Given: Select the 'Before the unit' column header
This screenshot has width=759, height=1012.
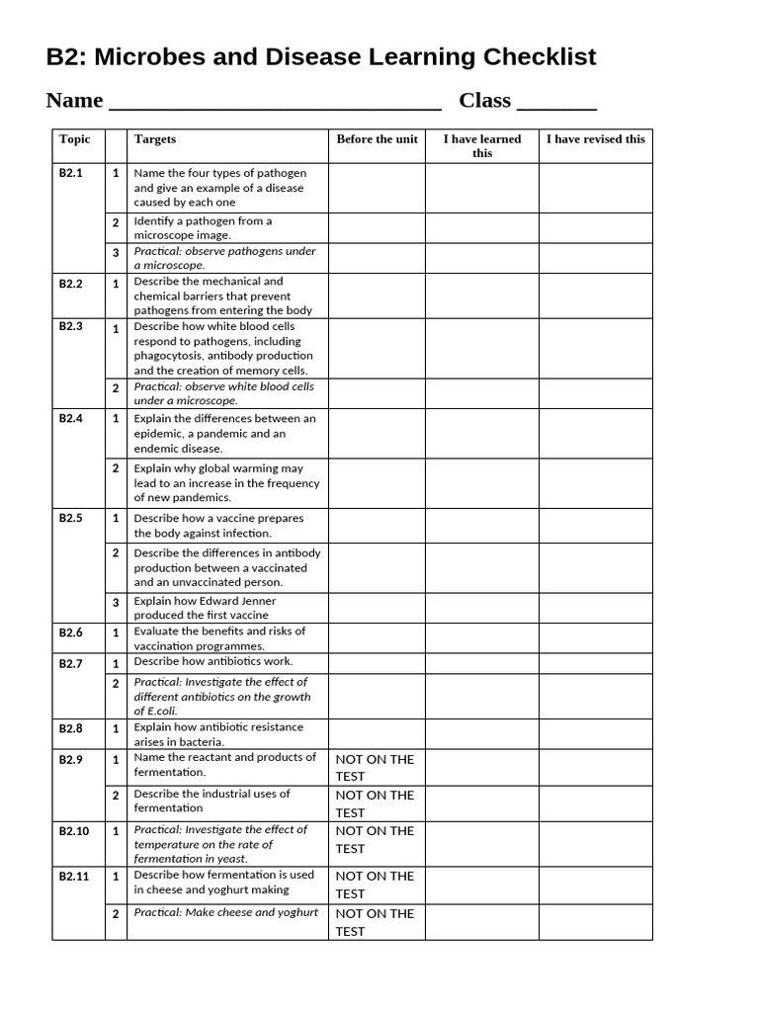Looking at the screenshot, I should pos(377,139).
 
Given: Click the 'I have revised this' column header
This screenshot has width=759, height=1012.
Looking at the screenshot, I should pos(595,139).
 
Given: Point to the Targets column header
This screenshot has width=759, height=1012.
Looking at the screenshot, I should pos(155,139).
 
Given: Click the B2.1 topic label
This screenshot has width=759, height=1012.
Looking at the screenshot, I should pos(71,173).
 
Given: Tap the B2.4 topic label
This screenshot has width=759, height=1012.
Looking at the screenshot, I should pos(71,419).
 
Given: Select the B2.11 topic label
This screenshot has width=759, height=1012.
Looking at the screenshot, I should pos(74,877).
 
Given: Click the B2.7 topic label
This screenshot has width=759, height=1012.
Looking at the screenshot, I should pos(71,664).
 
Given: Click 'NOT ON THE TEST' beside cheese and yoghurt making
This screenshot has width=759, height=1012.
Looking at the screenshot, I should pos(375,885).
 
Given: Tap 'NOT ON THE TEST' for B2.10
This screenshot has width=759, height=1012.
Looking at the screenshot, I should pos(375,839).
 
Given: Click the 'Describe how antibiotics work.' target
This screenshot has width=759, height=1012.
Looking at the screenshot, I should pos(213,662).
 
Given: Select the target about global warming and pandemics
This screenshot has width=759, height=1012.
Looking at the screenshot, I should pos(226,483).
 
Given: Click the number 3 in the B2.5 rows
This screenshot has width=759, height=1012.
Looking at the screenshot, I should pos(116,603).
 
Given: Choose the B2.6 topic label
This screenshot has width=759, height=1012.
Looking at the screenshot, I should pos(71,633).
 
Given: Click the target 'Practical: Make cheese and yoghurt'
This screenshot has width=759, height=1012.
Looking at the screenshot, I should pos(226,913).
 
